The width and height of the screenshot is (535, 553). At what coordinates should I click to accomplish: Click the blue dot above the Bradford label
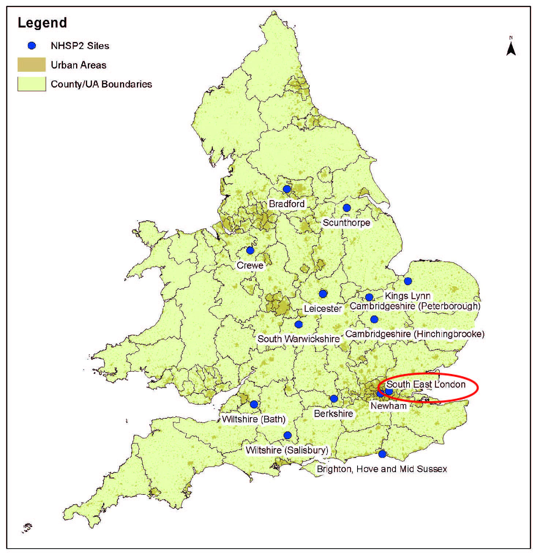coord(287,189)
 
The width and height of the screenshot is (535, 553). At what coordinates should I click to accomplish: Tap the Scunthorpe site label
coord(346,223)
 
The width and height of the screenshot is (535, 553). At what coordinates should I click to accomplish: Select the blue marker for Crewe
coord(250,250)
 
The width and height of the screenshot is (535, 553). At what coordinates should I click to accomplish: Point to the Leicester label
coord(323,309)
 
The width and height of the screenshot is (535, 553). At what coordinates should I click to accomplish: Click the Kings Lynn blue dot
coord(408,281)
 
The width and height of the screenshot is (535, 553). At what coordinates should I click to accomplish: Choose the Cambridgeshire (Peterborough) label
coord(415,306)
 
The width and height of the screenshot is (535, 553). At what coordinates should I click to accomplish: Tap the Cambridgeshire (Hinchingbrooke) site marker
coord(374,320)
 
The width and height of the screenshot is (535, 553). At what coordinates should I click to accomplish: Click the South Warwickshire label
coord(299,339)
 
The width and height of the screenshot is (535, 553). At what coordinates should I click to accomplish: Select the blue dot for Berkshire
coord(334,399)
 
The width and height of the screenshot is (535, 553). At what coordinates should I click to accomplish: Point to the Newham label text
coord(388,406)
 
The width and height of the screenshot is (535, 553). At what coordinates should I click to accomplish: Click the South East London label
coord(426,384)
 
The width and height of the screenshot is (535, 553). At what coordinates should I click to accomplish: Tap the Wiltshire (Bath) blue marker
coord(254,404)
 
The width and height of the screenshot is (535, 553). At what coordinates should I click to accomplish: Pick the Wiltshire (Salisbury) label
coord(287,450)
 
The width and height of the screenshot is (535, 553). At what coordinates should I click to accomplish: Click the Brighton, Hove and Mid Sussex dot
coord(382,454)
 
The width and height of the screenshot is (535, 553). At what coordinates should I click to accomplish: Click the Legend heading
coord(42,23)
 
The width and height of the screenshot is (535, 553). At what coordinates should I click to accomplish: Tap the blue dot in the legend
coord(32,46)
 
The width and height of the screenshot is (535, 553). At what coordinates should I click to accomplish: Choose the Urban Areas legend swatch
coord(31,65)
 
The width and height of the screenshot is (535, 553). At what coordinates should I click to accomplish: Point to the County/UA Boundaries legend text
coord(101,84)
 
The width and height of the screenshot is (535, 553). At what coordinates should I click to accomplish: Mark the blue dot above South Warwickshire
coord(299,324)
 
